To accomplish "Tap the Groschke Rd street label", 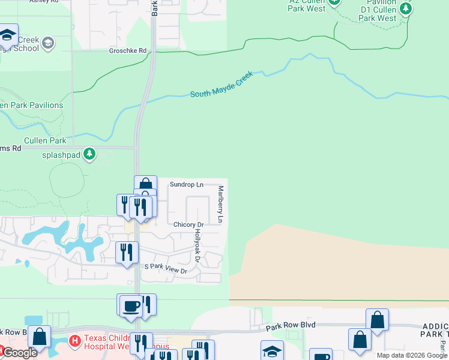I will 128,51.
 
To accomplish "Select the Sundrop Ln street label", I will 187,184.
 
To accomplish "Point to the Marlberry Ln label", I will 220,204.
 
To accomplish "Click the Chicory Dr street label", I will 188,224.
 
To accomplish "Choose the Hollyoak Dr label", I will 196,246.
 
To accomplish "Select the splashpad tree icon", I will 89,154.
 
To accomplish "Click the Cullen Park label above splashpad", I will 45,140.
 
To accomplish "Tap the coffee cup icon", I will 131,306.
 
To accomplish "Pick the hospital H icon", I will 74,341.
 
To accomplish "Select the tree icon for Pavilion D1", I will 406,8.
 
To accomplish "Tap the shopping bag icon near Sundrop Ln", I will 145,185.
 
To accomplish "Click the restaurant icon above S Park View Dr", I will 127,252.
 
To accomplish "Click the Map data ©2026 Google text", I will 412,355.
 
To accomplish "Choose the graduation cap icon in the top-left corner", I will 7,35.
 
